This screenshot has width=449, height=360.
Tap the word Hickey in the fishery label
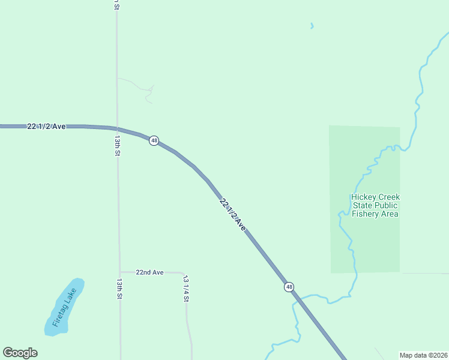click(363, 197)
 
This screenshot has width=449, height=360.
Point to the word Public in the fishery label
click(386, 205)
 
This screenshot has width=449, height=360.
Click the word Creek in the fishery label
click(388, 197)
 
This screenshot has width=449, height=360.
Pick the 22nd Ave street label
click(149, 272)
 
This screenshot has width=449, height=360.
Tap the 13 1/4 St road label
click(186, 289)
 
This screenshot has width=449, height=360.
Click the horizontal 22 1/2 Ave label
click(46, 126)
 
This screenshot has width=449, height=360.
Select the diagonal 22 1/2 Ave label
click(233, 214)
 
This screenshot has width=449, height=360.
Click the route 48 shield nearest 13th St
click(154, 140)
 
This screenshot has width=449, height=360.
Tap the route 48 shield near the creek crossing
click(289, 287)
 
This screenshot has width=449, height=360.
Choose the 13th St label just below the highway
click(118, 146)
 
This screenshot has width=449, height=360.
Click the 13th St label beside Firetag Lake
click(119, 289)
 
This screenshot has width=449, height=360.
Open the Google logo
click(20, 353)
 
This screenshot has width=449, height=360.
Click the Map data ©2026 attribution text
click(424, 355)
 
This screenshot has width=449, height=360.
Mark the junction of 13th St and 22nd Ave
click(120, 272)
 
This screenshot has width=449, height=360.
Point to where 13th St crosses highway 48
click(117, 128)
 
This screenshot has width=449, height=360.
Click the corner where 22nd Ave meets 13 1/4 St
click(184, 273)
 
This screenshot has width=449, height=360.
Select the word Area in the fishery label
click(388, 214)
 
